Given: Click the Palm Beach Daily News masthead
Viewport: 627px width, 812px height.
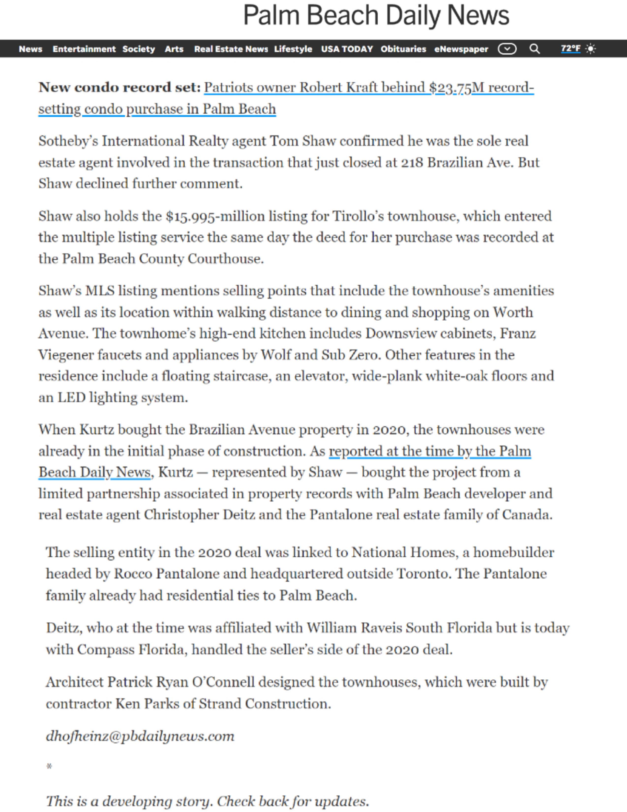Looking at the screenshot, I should (376, 16).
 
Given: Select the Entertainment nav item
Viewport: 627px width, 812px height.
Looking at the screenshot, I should (84, 49).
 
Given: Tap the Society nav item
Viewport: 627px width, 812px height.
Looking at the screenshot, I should (138, 49).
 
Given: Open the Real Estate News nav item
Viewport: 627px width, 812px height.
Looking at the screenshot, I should (231, 49).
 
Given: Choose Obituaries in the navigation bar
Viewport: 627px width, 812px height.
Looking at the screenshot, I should (403, 49).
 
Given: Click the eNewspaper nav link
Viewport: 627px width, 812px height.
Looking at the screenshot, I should (461, 49).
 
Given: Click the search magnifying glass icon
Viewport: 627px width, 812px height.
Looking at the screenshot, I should (535, 49).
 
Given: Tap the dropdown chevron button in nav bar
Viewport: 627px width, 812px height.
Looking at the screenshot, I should (507, 49).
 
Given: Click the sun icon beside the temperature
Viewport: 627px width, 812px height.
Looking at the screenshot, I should (590, 49).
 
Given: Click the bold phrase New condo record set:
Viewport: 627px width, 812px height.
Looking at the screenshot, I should (119, 87).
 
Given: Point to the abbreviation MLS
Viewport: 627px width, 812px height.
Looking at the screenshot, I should (100, 291).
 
